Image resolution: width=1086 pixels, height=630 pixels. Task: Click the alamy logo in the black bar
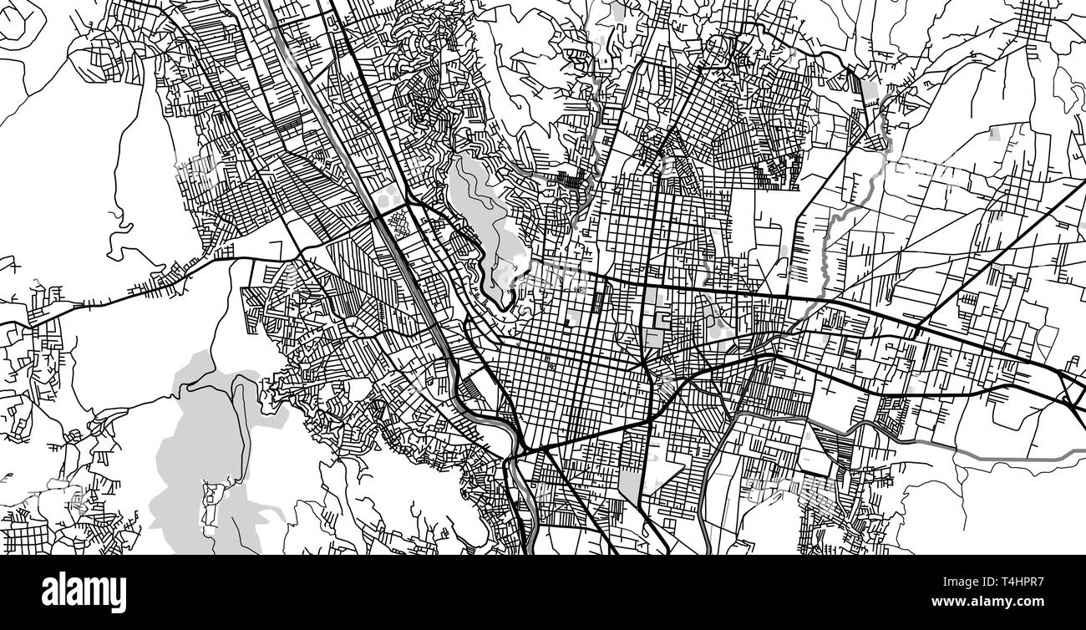[x=84, y=592]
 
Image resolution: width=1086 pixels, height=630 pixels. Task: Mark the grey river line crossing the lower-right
[x=986, y=451]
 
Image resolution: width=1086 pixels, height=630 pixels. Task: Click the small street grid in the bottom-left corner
[x=25, y=535]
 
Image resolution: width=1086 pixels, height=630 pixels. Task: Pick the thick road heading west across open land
[x=125, y=292]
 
